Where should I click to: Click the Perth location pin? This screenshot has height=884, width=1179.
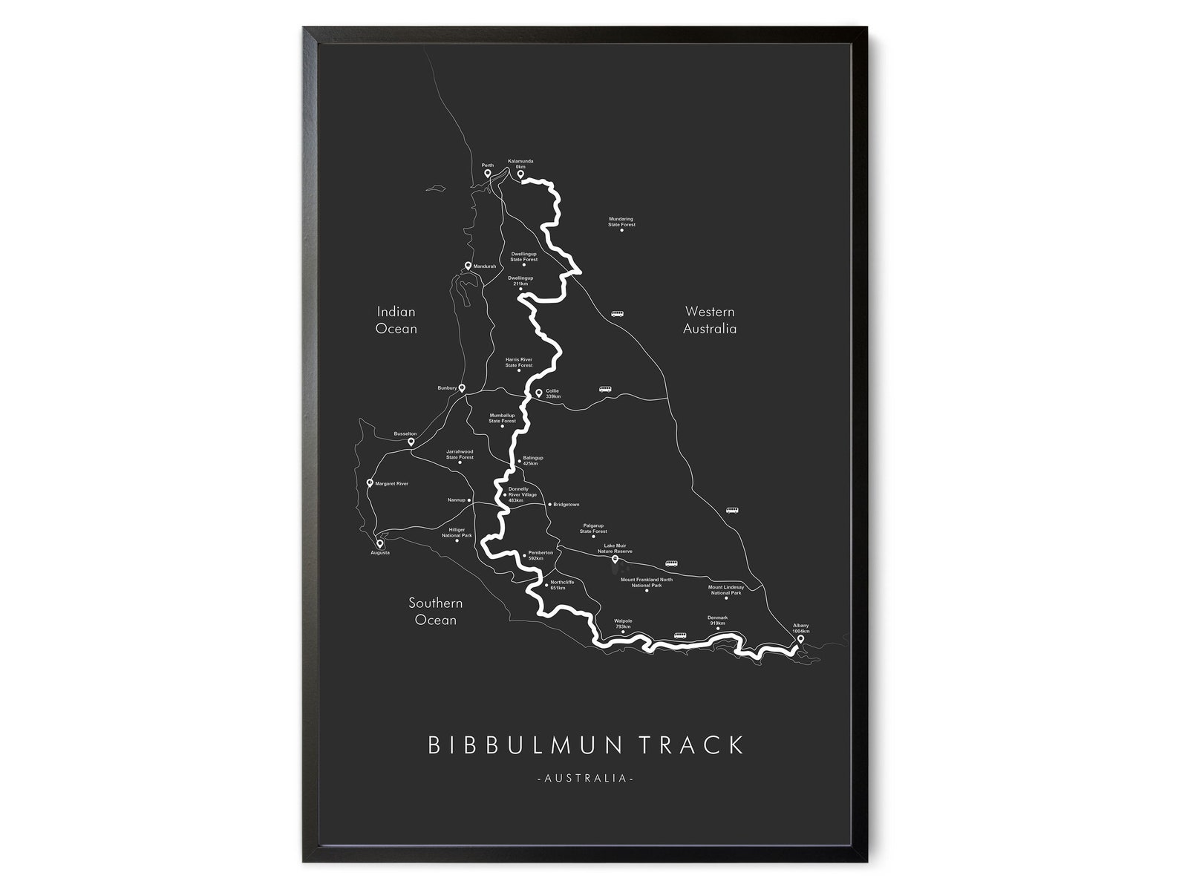click(x=488, y=174)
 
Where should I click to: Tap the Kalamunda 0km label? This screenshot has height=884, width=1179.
click(x=520, y=164)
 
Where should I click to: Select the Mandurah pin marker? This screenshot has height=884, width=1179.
click(x=468, y=266)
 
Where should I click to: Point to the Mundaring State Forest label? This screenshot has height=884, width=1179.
click(x=621, y=222)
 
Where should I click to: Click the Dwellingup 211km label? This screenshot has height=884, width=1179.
click(x=520, y=281)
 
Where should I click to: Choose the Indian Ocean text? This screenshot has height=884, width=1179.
click(x=396, y=320)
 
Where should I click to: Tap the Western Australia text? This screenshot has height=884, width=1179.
click(x=710, y=320)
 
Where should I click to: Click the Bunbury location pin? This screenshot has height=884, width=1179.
click(x=462, y=388)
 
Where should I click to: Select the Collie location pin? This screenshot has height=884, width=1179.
click(x=539, y=393)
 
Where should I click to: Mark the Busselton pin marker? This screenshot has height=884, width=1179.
click(x=411, y=442)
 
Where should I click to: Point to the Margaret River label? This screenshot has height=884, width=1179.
click(x=392, y=484)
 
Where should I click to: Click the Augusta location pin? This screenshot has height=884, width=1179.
click(x=380, y=544)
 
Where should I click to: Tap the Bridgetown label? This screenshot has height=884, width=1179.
click(x=566, y=505)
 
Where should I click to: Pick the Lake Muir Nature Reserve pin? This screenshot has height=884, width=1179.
click(x=615, y=560)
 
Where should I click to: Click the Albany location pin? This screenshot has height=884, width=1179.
click(x=800, y=638)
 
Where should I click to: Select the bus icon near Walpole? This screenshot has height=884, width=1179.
click(x=680, y=635)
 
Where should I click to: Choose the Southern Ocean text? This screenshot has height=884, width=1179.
click(x=436, y=612)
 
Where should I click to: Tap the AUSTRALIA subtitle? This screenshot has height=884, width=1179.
click(x=584, y=779)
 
